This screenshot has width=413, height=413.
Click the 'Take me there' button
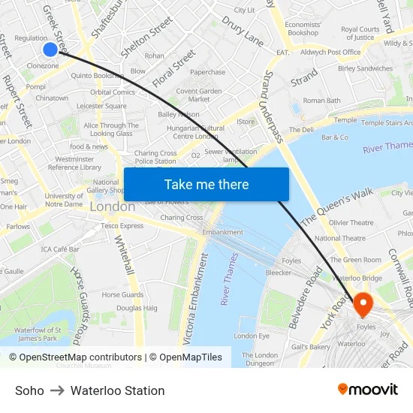point(206,184)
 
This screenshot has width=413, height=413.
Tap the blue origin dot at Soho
point(50,50)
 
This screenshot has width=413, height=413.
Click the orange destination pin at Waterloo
point(363,305)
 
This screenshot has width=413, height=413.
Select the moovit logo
point(368,390)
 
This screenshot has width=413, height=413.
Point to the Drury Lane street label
point(242,31)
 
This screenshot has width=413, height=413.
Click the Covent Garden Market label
point(198,95)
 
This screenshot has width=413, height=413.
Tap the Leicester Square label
point(101,107)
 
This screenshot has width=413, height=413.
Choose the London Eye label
point(251,336)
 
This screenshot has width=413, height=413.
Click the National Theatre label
point(340,238)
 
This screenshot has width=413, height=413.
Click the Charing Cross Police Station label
point(156,157)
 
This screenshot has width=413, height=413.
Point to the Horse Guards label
point(122,295)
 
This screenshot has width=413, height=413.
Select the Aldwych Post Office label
point(330,53)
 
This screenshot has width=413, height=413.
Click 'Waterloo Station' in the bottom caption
point(117,390)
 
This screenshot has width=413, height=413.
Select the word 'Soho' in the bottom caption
point(29,390)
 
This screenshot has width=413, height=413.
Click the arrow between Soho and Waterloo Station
point(57,390)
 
